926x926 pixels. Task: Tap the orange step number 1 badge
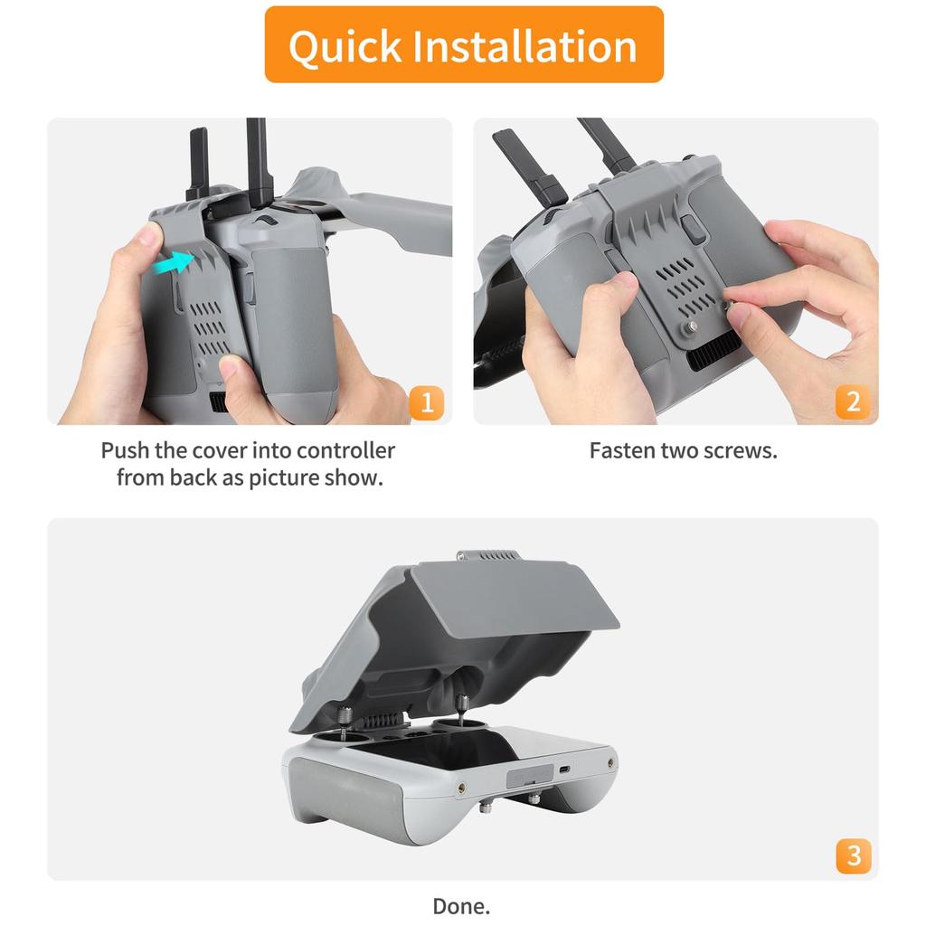point(426,402)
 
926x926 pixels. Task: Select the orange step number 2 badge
point(853,402)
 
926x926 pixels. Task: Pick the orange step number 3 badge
point(853,855)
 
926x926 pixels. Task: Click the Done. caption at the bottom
point(461,906)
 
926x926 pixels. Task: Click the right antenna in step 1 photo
point(260,158)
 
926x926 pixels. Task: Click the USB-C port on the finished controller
point(564,770)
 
